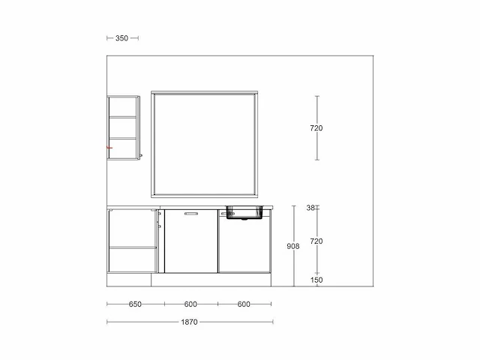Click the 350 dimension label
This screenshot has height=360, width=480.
pos(121,38)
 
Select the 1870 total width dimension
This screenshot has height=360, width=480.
pos(189,322)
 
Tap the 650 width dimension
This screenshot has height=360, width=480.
pos(135,304)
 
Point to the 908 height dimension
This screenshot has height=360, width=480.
pos(293,246)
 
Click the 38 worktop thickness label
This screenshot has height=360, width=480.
pos(310,208)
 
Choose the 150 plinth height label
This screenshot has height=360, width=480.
pos(316,280)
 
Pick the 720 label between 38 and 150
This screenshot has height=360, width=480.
pos(316,241)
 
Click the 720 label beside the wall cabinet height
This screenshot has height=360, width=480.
pos(316,128)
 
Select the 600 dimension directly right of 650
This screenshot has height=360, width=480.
pos(190,304)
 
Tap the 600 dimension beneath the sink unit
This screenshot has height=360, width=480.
pos(244,304)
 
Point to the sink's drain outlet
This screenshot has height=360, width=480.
pos(244,219)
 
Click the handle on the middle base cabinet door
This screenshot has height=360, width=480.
pos(191,214)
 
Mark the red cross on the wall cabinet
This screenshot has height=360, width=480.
pos(109,148)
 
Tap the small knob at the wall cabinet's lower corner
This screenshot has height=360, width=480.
pos(141,156)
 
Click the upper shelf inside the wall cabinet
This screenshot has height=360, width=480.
pos(123,117)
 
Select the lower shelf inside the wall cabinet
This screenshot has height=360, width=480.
pos(123,139)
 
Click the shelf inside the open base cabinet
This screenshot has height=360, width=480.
pos(133,247)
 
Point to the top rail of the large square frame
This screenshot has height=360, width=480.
pos(205,93)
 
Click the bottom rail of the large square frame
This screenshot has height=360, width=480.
pos(205,195)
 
